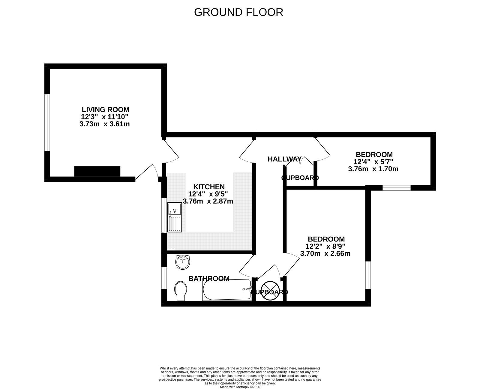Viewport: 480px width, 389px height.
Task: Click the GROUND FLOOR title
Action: (x=238, y=12)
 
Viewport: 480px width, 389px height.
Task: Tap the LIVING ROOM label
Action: (x=105, y=109)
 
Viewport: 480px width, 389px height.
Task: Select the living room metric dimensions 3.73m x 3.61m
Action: (x=104, y=124)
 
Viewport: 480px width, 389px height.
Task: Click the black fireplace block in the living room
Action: (x=97, y=172)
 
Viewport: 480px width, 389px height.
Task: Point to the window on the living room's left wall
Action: (x=47, y=123)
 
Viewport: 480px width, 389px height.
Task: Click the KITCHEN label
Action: (x=208, y=187)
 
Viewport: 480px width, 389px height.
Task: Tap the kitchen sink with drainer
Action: (x=175, y=217)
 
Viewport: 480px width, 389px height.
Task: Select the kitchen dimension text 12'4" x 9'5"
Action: (x=208, y=194)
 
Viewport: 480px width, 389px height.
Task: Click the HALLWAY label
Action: (x=284, y=159)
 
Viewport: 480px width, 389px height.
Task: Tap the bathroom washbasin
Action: (x=183, y=262)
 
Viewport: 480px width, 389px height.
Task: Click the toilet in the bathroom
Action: (x=180, y=290)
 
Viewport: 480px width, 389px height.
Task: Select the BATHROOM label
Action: (x=209, y=279)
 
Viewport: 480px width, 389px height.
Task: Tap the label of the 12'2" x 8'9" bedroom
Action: (x=326, y=239)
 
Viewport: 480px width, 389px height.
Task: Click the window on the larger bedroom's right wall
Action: (x=368, y=275)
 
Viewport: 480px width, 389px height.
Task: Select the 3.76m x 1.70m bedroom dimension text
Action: (x=373, y=169)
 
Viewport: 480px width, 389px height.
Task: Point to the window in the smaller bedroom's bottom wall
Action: (x=396, y=188)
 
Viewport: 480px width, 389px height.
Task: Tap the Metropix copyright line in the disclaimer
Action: (x=240, y=387)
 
